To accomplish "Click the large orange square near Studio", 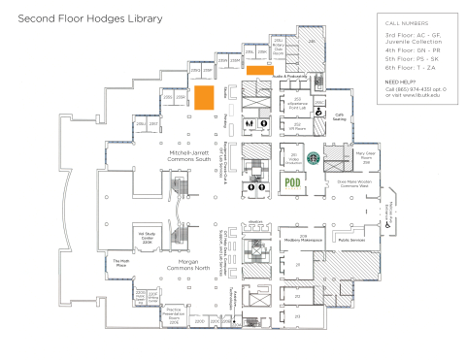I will (204, 97).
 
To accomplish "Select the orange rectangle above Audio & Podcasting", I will (259, 70).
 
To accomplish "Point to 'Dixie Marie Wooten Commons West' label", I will (357, 182).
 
